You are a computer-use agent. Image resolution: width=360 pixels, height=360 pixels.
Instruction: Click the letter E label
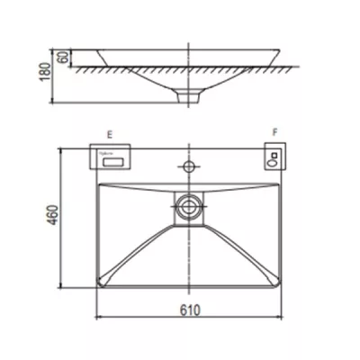pos(109,134)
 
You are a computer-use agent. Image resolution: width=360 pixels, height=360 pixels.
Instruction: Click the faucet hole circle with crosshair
pos(190,166)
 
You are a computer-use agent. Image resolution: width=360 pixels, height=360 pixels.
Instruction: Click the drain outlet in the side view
pos(190,94)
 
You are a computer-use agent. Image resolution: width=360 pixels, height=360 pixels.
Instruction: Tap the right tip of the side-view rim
pos(289,51)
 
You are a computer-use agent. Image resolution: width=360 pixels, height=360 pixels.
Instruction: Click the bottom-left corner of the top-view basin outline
pos(96,289)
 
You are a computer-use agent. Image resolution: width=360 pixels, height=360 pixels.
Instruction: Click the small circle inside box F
pos(273,162)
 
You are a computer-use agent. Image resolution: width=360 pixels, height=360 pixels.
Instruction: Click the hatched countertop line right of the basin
pos(270,67)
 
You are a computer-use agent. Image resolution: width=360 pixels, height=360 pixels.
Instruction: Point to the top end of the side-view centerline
pos(190,41)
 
